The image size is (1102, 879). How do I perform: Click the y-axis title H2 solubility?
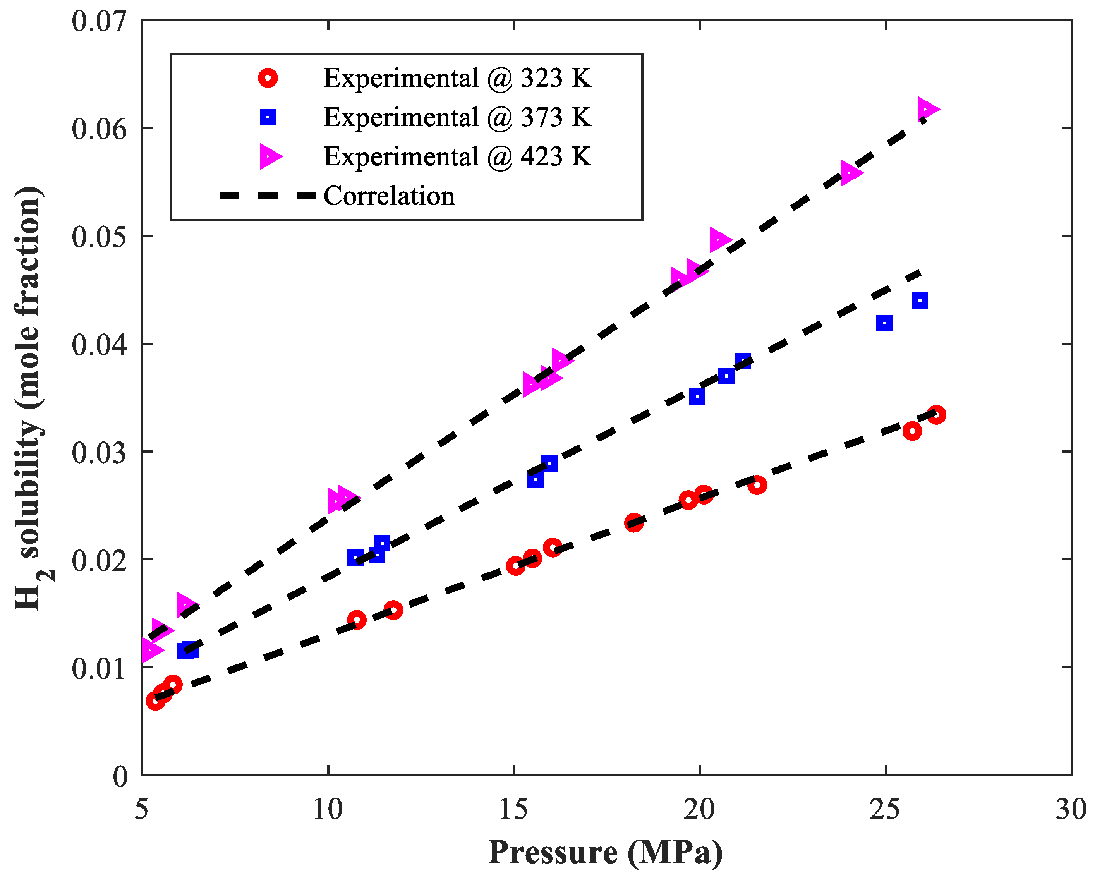pyautogui.click(x=30, y=398)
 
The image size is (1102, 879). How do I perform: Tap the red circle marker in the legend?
pyautogui.click(x=268, y=78)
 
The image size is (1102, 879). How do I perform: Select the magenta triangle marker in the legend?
pyautogui.click(x=269, y=156)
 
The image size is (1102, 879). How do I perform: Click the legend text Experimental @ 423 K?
pyautogui.click(x=457, y=156)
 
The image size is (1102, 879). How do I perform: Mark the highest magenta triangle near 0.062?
pyautogui.click(x=926, y=109)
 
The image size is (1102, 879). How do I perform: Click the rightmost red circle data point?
pyautogui.click(x=936, y=414)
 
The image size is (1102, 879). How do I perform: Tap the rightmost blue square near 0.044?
pyautogui.click(x=920, y=300)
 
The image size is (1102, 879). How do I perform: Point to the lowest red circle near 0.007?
pyautogui.click(x=155, y=700)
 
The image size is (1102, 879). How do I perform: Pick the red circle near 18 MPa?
pyautogui.click(x=634, y=523)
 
